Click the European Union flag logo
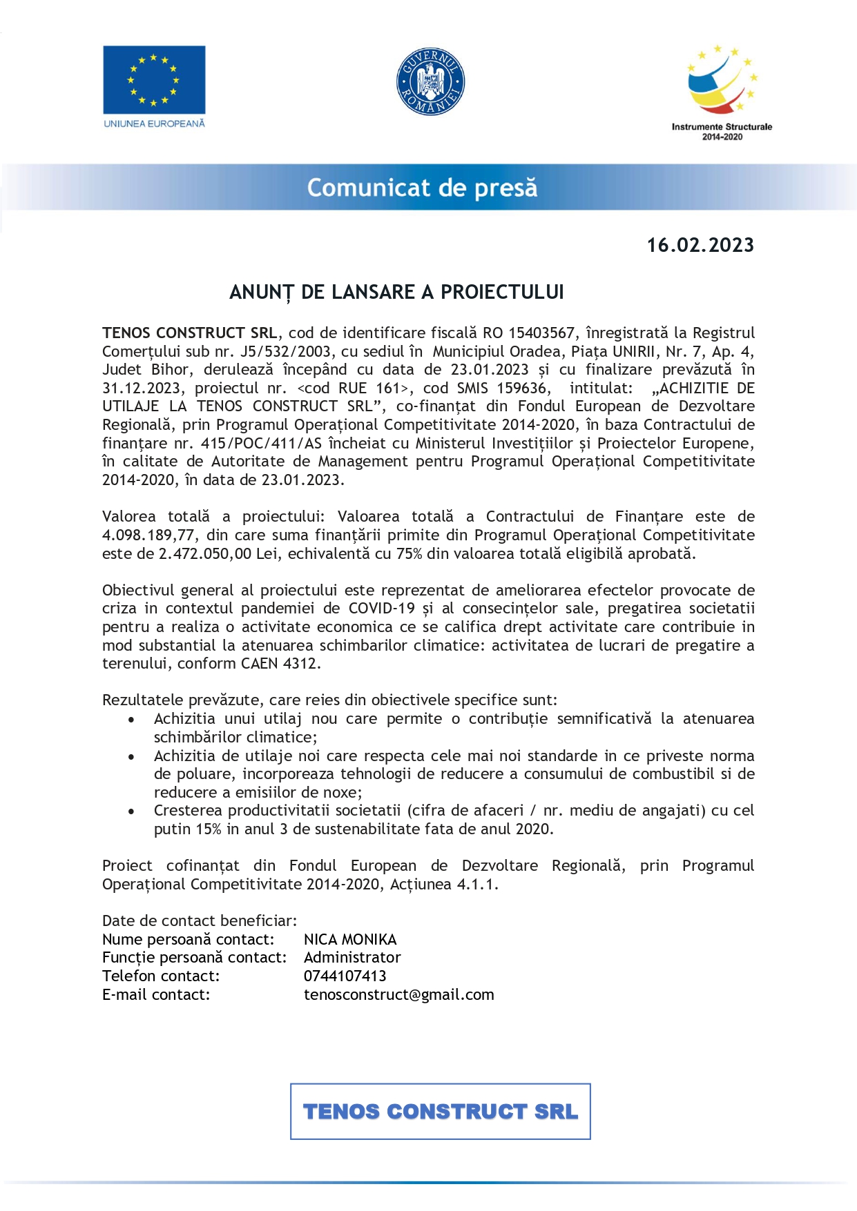pyautogui.click(x=154, y=80)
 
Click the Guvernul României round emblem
pyautogui.click(x=430, y=82)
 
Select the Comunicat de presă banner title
pyautogui.click(x=422, y=188)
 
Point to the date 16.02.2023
pyautogui.click(x=700, y=246)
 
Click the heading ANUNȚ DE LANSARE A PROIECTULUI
pyautogui.click(x=396, y=293)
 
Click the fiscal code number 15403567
pyautogui.click(x=541, y=333)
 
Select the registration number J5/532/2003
pyautogui.click(x=285, y=351)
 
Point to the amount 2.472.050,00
pyautogui.click(x=205, y=553)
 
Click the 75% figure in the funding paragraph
pyautogui.click(x=410, y=553)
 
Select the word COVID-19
pyautogui.click(x=381, y=609)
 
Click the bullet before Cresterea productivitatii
pyautogui.click(x=131, y=811)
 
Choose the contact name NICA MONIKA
pyautogui.click(x=350, y=940)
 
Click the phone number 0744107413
pyautogui.click(x=345, y=976)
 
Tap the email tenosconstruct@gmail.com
pyautogui.click(x=398, y=995)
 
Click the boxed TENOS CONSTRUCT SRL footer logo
pyautogui.click(x=440, y=1112)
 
